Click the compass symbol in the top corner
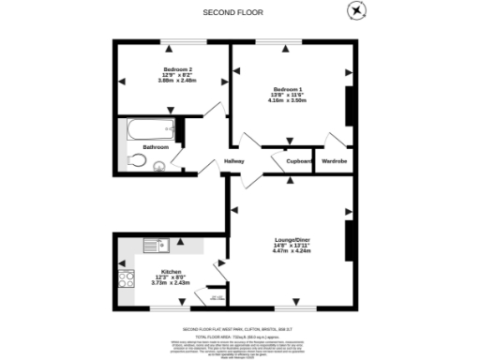[356, 10]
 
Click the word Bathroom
[156, 148]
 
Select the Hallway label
[233, 161]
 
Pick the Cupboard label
[299, 161]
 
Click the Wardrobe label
[335, 161]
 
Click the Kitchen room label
[171, 272]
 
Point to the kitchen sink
[156, 246]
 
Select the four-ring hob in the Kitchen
[126, 279]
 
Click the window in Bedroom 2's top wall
[173, 43]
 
